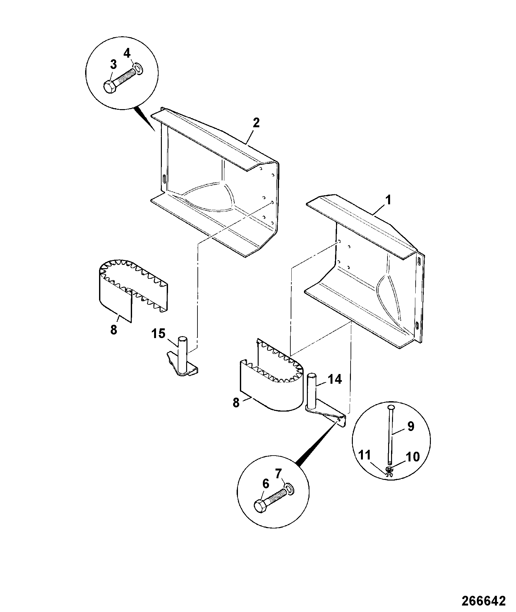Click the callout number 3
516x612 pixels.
tap(113, 64)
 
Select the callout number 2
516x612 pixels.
tap(256, 123)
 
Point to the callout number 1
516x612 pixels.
tap(387, 200)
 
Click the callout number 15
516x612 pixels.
tap(159, 334)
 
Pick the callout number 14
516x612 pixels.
tap(335, 379)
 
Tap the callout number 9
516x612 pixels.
tap(410, 426)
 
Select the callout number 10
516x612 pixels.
tap(412, 457)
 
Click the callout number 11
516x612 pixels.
tap(365, 456)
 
